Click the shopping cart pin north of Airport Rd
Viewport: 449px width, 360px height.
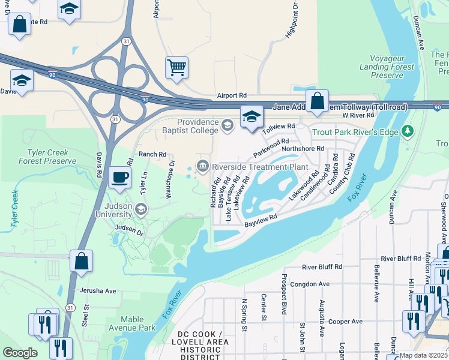[x=177, y=68]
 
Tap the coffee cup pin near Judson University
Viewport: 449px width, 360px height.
[x=119, y=178]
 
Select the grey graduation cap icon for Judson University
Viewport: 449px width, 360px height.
[x=141, y=209]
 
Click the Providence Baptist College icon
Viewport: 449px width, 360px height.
[x=227, y=125]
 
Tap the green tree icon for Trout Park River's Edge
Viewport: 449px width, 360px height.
[x=408, y=130]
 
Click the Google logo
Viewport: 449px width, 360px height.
[x=20, y=353]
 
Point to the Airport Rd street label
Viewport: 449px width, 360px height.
[x=232, y=95]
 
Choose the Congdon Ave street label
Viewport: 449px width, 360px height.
[x=310, y=284]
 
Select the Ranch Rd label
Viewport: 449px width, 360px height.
[x=152, y=154]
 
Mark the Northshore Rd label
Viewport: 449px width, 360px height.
[x=303, y=148]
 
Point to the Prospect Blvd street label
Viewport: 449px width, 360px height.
[x=284, y=294]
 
